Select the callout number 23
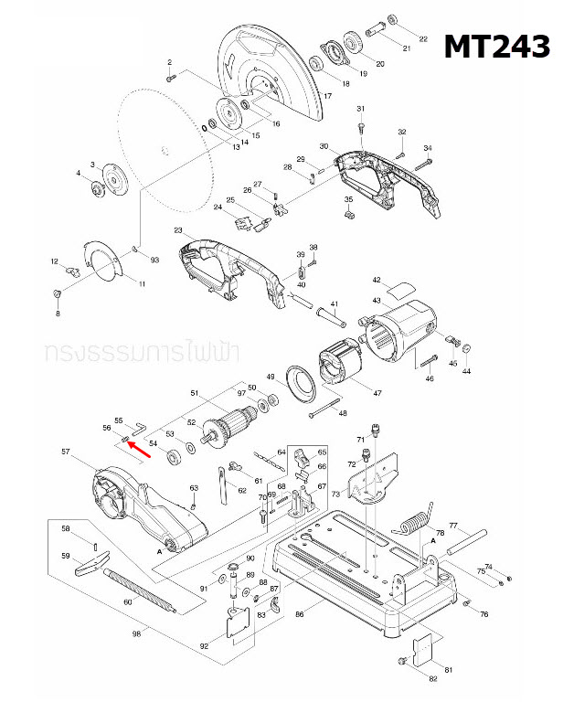178,229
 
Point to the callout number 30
323,147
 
